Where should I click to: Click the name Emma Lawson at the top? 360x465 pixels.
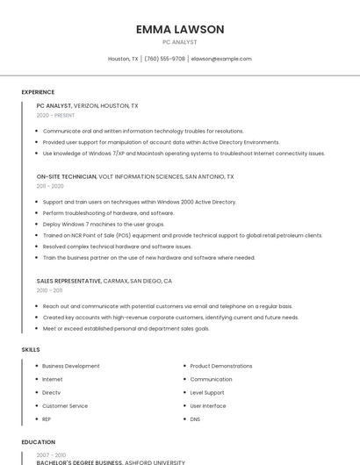click(x=180, y=29)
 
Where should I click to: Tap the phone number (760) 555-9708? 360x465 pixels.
click(x=164, y=59)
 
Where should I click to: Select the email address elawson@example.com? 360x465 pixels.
click(x=221, y=59)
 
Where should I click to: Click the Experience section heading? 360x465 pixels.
click(x=38, y=92)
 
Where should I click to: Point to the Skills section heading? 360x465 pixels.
click(x=31, y=349)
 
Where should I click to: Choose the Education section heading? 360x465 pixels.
click(x=38, y=443)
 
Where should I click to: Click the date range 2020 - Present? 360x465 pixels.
click(x=55, y=115)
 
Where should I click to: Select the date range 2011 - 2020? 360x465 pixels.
click(x=50, y=186)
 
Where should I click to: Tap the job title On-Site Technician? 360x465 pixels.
click(x=67, y=176)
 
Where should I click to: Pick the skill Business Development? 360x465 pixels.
click(x=71, y=366)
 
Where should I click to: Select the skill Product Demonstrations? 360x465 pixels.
click(x=221, y=366)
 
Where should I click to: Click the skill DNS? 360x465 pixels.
click(x=195, y=419)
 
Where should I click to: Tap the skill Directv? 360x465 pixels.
click(x=51, y=392)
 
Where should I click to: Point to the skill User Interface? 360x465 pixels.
click(x=208, y=406)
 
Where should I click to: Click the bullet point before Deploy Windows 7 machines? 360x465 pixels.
click(x=37, y=224)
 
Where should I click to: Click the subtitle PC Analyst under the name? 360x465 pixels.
click(x=180, y=42)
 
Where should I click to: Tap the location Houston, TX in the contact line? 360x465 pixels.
click(x=123, y=59)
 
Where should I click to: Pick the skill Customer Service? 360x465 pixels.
click(x=65, y=406)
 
